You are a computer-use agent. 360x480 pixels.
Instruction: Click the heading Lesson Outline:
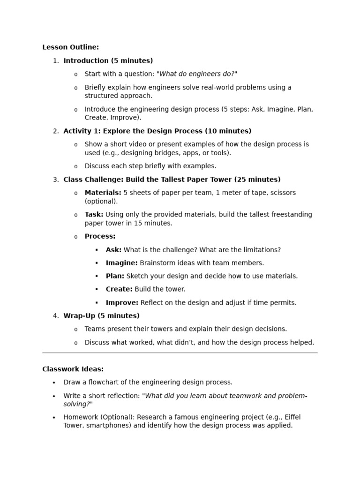[70, 47]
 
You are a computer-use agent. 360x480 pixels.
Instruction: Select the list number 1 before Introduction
[55, 61]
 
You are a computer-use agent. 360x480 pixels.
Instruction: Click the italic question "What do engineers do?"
[197, 74]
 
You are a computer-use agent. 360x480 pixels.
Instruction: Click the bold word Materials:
[103, 193]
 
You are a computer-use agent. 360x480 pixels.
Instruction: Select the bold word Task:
[94, 215]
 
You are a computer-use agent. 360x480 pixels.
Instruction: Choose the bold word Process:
[100, 237]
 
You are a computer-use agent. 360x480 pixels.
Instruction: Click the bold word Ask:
[113, 250]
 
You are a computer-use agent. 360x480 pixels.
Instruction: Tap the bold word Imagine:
[121, 263]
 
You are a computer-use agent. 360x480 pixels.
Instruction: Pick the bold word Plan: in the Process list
[115, 276]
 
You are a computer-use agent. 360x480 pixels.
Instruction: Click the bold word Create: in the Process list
[119, 289]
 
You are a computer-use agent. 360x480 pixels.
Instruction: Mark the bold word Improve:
[122, 303]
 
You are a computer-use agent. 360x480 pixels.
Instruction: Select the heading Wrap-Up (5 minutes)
[101, 316]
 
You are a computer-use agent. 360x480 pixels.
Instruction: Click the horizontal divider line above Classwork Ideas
[180, 352]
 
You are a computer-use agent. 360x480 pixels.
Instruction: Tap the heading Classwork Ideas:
[73, 369]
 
